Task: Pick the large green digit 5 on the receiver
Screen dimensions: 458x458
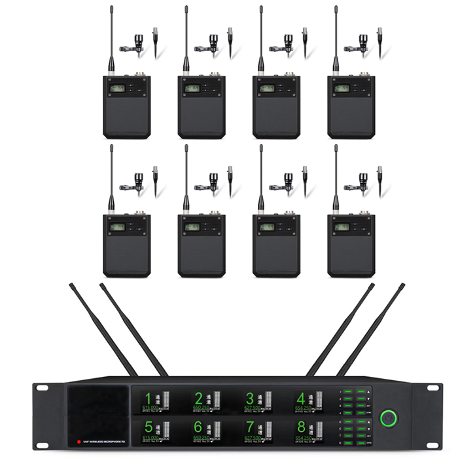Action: [x=149, y=427]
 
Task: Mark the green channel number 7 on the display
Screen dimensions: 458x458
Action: [x=249, y=427]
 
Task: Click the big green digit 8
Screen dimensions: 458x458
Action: [x=300, y=427]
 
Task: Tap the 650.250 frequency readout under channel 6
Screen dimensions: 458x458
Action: [x=202, y=436]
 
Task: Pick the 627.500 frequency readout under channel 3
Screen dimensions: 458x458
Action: [x=253, y=408]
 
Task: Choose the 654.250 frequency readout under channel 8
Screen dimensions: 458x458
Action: [x=304, y=436]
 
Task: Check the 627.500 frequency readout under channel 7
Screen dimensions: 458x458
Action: [x=253, y=436]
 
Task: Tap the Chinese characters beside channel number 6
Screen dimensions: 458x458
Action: [x=209, y=426]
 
